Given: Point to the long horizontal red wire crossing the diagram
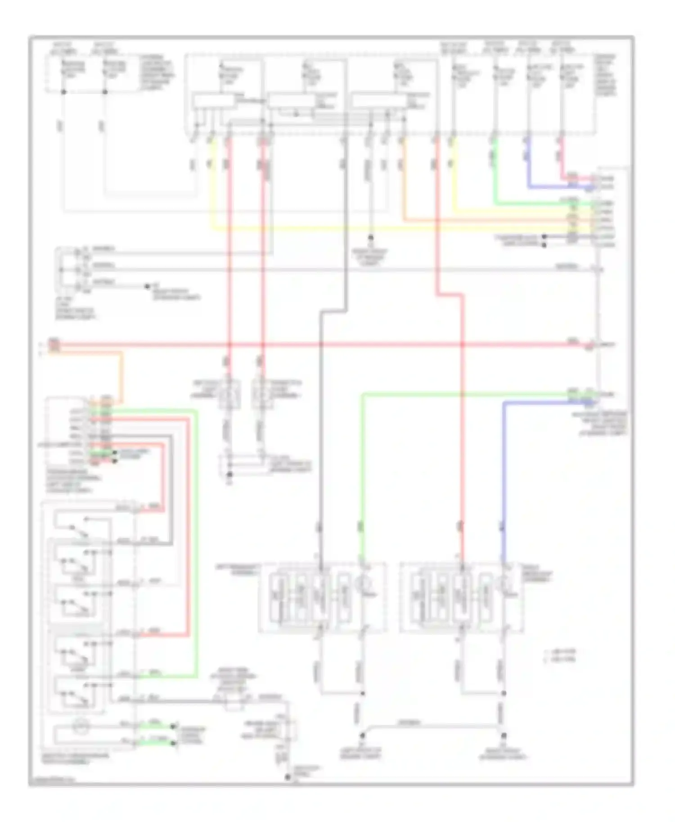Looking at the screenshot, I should coord(360,345).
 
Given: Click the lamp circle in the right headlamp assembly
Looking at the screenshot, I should coord(505,585).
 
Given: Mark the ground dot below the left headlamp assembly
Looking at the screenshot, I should coord(362,736).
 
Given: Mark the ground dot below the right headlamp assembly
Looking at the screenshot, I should coord(504,736).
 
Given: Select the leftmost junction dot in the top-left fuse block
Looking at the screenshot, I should coord(63,92).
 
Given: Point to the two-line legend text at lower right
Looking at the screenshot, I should coord(560,656).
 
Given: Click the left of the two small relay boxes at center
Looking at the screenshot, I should coord(229,395).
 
